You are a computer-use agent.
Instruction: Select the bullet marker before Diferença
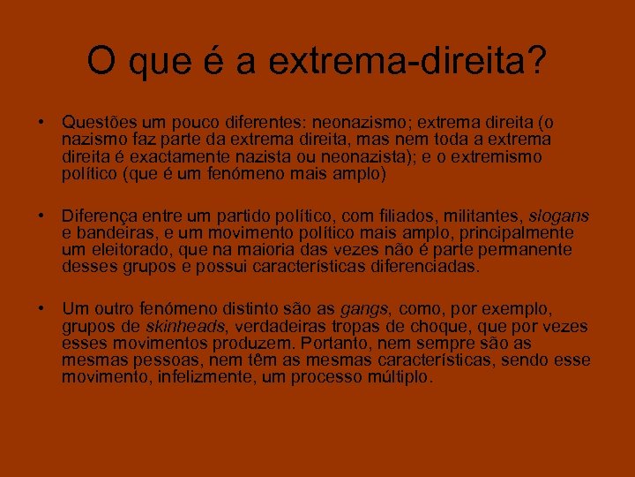tap(41, 216)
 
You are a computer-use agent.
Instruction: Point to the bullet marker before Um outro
tap(41, 309)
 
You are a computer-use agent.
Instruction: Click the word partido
tap(243, 216)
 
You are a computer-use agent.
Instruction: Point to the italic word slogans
tap(558, 216)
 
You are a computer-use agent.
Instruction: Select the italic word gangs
tap(365, 309)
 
